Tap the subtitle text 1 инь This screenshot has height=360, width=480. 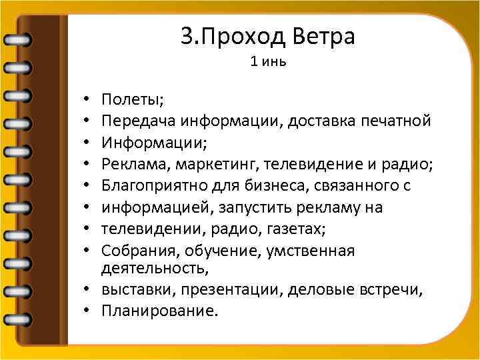click(268, 63)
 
